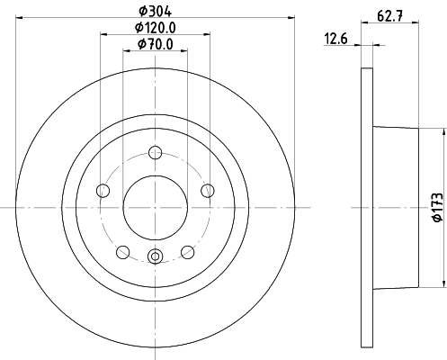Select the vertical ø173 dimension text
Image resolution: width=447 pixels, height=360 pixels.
tap(436, 205)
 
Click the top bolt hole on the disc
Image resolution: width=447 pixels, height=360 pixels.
tap(155, 153)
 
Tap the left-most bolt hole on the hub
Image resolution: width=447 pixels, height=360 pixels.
tap(103, 191)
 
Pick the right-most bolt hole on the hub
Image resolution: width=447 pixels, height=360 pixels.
tap(207, 190)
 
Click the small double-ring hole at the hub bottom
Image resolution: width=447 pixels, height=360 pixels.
tap(155, 257)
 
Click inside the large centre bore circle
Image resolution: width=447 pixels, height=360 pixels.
tap(155, 207)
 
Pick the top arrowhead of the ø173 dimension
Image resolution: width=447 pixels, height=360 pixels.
tap(442, 131)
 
